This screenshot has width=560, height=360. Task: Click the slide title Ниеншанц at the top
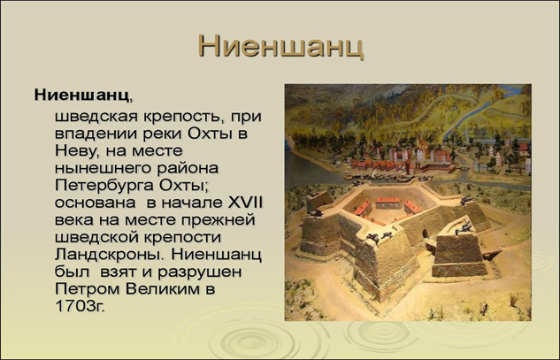pyautogui.click(x=280, y=45)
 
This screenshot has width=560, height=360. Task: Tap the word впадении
pyautogui.click(x=98, y=134)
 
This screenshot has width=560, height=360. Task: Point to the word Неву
pyautogui.click(x=74, y=151)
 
